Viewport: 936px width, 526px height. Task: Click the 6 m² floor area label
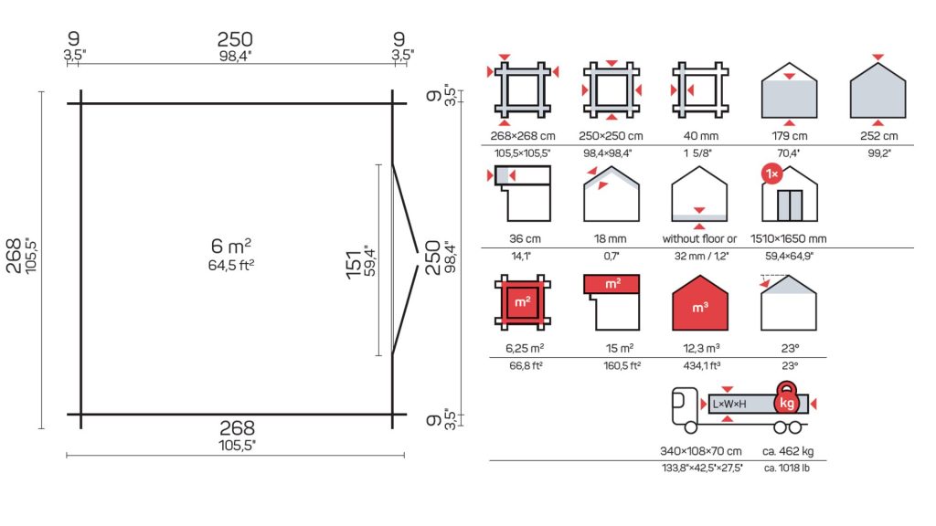231,246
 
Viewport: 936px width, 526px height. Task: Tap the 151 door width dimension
354,264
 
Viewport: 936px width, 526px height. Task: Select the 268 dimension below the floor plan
237,427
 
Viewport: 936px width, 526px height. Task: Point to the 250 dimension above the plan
235,39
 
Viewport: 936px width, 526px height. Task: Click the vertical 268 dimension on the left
14,256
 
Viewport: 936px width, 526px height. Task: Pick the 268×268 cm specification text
523,136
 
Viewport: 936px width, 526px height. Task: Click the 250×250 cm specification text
611,136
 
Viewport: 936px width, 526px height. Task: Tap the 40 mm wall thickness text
701,136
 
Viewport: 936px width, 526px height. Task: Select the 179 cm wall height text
789,136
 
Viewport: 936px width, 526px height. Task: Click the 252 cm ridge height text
878,136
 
